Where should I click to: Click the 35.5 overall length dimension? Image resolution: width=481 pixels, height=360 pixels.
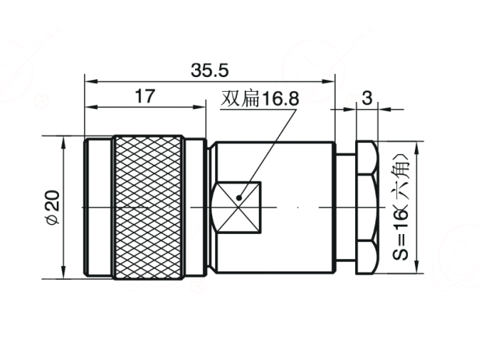coord(210,70)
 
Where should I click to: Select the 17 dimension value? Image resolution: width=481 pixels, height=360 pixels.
coord(145,96)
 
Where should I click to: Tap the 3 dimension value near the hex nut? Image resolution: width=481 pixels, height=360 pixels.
coord(367,98)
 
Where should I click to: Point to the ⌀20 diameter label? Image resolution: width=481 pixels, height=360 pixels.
coord(53,208)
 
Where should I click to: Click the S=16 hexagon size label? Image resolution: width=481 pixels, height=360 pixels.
coord(400,233)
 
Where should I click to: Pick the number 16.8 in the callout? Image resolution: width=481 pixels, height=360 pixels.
coord(280,99)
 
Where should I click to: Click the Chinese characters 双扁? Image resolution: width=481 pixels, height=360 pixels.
coord(240,99)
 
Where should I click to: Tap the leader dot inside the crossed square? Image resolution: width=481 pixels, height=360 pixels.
coord(239,198)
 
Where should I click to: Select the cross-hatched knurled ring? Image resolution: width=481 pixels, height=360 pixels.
coord(148,207)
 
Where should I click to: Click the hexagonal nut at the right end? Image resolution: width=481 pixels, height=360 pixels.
coord(367,208)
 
